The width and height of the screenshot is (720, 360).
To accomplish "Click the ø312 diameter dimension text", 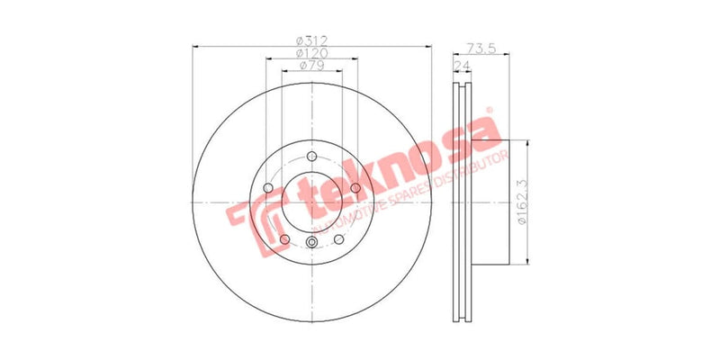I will point(311,40).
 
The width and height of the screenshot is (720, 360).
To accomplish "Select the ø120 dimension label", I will point(311,53).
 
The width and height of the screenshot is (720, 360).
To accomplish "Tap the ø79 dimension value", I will point(311,66).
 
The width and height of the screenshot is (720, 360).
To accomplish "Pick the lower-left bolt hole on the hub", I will point(285,238).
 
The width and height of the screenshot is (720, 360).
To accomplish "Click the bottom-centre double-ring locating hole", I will point(311,245).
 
